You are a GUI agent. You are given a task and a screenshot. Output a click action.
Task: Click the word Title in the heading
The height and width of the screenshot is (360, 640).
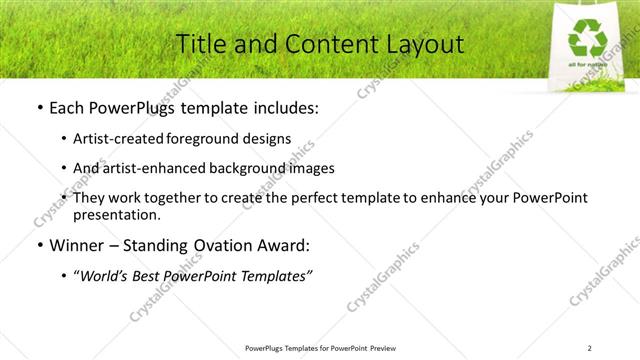200,44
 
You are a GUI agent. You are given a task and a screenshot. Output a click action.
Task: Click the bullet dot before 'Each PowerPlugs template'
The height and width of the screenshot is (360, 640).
39,107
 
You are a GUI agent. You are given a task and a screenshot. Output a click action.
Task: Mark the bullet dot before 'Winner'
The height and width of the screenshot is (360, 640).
39,244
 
